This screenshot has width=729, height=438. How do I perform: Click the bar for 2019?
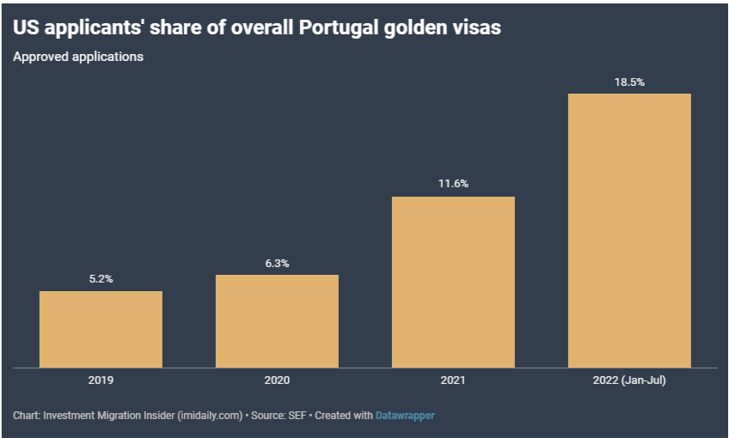point(101,329)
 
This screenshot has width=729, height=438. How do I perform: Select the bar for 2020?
point(277,320)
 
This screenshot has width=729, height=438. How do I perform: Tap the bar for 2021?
point(453,282)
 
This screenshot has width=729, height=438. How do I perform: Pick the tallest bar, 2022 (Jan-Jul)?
point(629,230)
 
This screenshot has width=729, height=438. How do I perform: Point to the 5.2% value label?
point(101,279)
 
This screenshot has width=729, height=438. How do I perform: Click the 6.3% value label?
point(277,263)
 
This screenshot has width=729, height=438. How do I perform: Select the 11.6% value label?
point(453,185)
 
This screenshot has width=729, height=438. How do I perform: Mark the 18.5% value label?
point(629,82)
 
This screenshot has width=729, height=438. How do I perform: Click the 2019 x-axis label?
point(101,380)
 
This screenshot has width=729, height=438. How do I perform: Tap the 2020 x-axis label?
point(277,380)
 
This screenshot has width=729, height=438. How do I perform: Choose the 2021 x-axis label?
point(453,380)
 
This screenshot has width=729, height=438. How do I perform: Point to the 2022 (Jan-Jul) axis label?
point(629,380)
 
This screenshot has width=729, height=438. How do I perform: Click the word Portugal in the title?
point(331,27)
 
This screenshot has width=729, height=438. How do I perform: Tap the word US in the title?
point(26,27)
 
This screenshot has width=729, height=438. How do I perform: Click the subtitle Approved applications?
point(78,58)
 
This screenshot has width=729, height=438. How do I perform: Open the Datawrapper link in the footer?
point(405,416)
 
